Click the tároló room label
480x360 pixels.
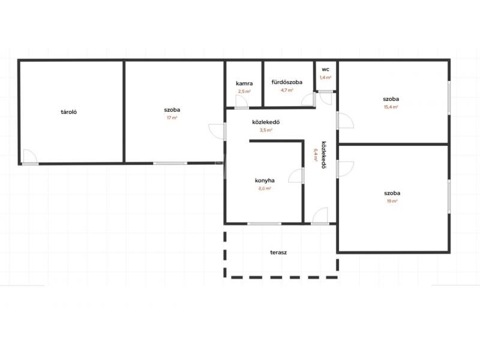click(68, 112)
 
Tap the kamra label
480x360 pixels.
click(244, 83)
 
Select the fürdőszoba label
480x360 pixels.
click(287, 82)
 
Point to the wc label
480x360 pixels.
click(325, 70)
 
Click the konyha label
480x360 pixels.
click(265, 181)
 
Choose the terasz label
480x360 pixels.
click(278, 253)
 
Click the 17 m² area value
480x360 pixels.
click(172, 118)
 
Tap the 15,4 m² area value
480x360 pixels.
click(391, 107)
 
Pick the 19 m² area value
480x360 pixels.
click(392, 201)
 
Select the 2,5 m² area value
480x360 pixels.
click(244, 91)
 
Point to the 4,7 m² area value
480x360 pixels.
click(287, 91)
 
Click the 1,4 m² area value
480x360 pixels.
click(325, 77)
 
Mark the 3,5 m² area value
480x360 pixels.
click(266, 130)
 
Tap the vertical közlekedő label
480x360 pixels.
click(323, 155)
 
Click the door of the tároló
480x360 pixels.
click(31, 157)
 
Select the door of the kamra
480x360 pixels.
click(242, 102)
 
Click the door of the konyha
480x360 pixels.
click(296, 176)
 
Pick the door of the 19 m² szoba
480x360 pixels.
click(345, 169)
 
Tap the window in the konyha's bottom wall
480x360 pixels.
click(264, 224)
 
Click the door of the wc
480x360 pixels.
click(326, 98)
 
